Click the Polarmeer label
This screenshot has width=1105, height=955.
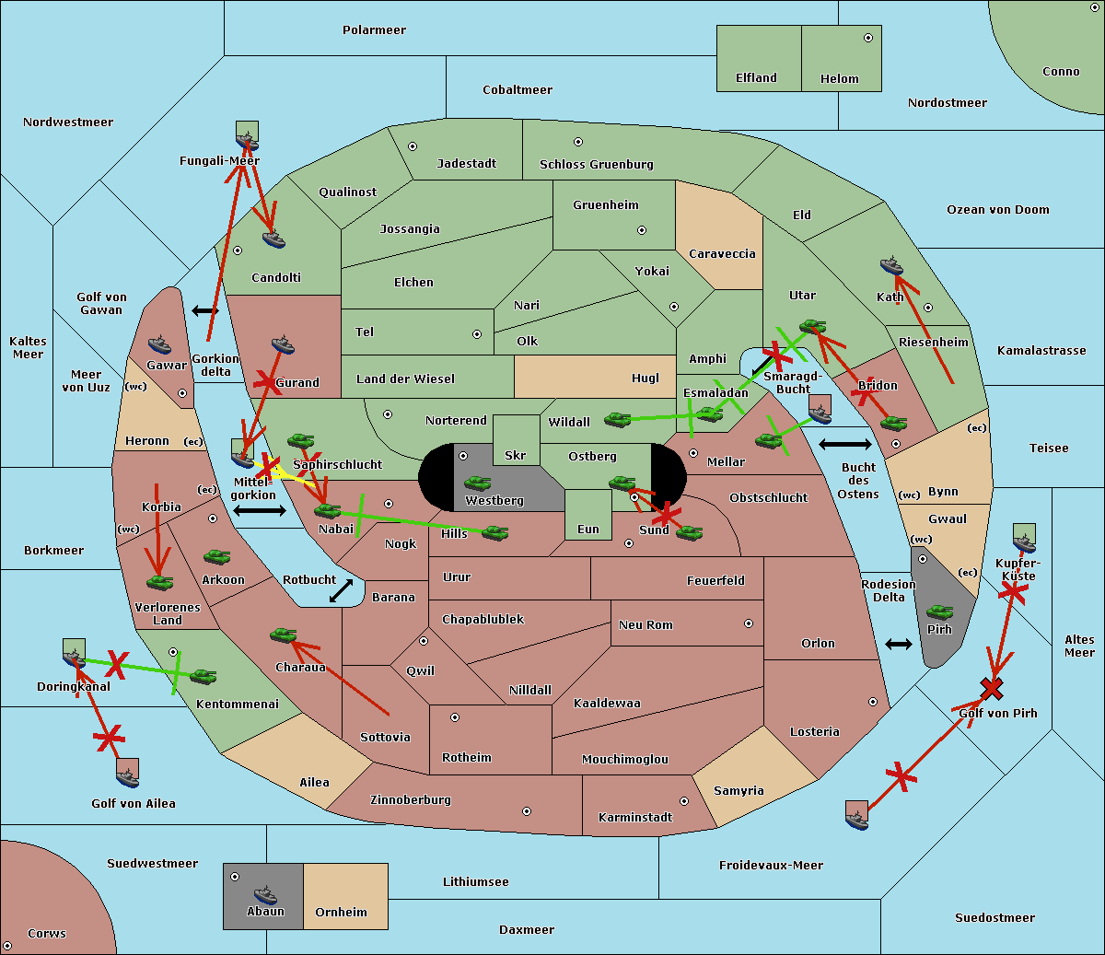coord(374,30)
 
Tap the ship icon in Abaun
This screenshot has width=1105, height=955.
coord(265,894)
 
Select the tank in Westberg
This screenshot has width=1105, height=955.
coord(477,483)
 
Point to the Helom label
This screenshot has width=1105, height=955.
coord(839,79)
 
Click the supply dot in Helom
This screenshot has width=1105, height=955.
coord(867,38)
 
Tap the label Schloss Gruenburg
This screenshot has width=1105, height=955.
coord(596,165)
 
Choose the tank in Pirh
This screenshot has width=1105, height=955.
coord(939,612)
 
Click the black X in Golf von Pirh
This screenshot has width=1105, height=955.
coord(992,688)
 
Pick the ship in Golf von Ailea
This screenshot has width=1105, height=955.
coord(128,776)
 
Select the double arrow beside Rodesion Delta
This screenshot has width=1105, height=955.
coord(899,644)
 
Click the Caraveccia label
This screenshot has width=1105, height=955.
coord(721,254)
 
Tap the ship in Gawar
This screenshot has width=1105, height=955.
coord(160,345)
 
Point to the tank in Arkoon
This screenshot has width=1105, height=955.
coord(217,557)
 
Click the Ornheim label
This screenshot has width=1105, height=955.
coord(341,913)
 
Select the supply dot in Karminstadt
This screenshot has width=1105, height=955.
coord(684,801)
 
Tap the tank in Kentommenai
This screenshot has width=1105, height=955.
coord(203,677)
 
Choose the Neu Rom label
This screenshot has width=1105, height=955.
coord(646,625)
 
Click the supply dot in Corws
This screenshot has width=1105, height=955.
coord(7,946)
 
